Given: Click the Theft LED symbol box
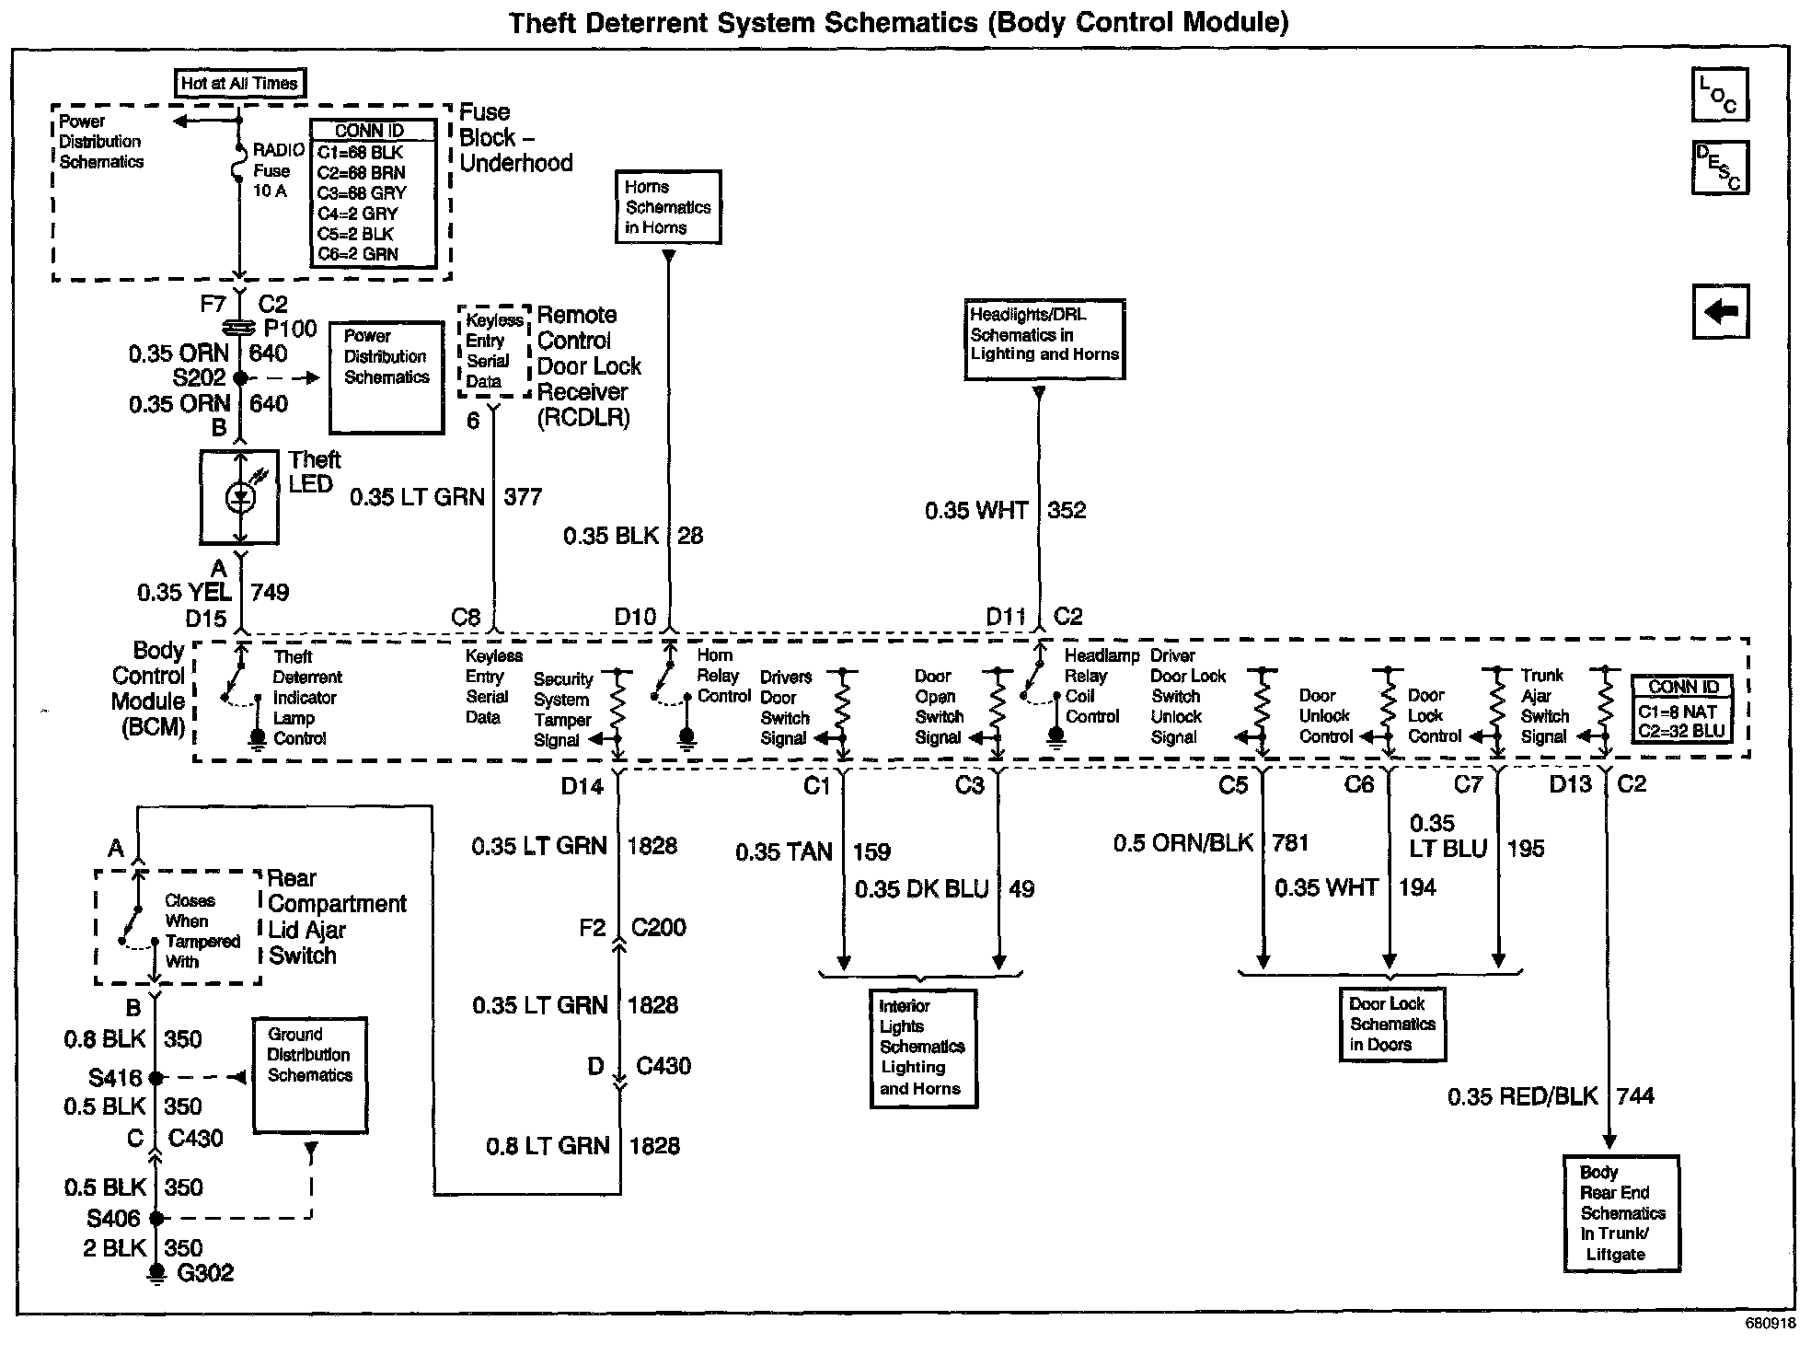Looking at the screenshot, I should pos(239,497).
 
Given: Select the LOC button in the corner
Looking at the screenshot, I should pos(1719,95).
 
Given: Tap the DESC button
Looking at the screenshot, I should pos(1719,168).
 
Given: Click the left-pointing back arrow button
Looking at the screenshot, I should pos(1720,311).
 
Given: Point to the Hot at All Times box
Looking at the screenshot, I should pos(239,83).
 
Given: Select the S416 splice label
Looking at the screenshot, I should pos(115,1077).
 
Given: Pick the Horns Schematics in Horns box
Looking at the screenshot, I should pos(668,207).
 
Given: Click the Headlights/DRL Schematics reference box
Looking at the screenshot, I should pos(1044,338).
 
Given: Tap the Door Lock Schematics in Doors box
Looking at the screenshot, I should pos(1392,1025).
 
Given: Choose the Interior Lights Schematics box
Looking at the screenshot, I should pos(923,1048).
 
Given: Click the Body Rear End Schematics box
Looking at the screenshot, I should pos(1621,1213).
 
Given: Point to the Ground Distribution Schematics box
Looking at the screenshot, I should pos(310,1074).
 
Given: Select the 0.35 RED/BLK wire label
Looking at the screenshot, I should pos(1522,1096).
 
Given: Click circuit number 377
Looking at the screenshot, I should pos(523,497).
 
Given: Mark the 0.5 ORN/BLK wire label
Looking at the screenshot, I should pos(1182,843).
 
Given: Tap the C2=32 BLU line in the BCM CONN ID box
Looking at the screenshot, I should pos(1681,732).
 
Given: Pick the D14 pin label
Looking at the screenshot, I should pos(583,786).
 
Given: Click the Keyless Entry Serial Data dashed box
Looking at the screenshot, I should pos(495,351).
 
